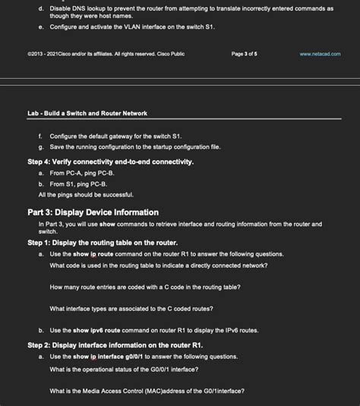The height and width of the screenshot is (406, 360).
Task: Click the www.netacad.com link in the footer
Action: tap(320, 54)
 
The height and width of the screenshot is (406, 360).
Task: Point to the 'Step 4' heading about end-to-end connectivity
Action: tap(111, 162)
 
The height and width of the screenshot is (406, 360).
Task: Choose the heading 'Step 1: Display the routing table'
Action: tap(103, 242)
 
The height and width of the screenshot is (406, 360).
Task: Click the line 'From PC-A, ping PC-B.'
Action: tap(82, 173)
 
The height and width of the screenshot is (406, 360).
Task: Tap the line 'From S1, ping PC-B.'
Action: tap(78, 184)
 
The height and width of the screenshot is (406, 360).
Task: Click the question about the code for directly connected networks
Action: tap(158, 265)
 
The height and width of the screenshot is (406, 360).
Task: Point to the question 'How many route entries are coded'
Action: tap(145, 287)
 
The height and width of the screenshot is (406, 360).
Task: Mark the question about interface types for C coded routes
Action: tap(131, 308)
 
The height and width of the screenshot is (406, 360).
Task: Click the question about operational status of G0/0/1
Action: tap(124, 369)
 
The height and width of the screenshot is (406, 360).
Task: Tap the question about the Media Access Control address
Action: tap(147, 391)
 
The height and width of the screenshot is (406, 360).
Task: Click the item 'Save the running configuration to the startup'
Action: tap(134, 146)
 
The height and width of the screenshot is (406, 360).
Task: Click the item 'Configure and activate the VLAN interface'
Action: tap(132, 26)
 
